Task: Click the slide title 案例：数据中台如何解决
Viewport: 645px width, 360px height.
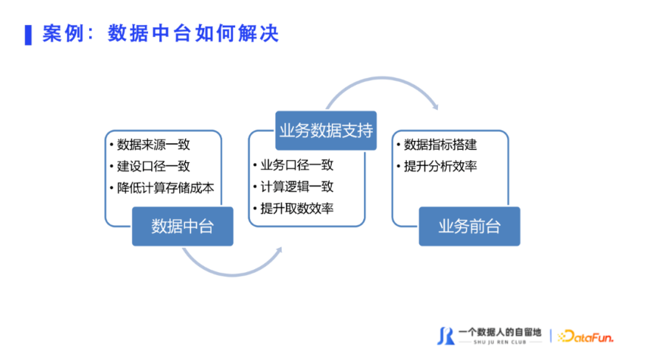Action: [161, 33]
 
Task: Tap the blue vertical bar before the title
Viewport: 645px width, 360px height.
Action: [28, 35]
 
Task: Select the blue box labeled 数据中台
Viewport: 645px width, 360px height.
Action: [183, 226]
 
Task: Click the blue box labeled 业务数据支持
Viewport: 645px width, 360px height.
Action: [326, 131]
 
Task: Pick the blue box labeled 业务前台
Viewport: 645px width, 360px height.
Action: [470, 226]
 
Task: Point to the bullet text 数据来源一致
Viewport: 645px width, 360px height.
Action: [153, 145]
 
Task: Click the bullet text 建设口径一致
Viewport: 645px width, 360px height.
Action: [153, 166]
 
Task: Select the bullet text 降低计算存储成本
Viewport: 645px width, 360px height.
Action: [165, 188]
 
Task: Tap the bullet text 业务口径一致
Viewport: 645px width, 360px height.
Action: [296, 165]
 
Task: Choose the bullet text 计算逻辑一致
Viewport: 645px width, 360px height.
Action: [296, 187]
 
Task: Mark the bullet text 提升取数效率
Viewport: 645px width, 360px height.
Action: [296, 209]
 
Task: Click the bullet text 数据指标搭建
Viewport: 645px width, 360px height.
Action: [440, 145]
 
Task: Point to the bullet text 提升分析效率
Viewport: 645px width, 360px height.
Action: [440, 166]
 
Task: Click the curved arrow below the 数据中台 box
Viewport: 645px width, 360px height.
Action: [233, 274]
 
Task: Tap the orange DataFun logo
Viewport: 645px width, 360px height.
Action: [585, 336]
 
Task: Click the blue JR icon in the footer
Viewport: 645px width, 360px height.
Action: [445, 336]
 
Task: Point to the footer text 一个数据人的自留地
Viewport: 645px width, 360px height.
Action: [500, 332]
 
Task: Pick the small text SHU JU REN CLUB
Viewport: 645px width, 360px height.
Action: [500, 342]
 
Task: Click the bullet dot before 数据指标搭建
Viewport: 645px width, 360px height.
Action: [398, 144]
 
